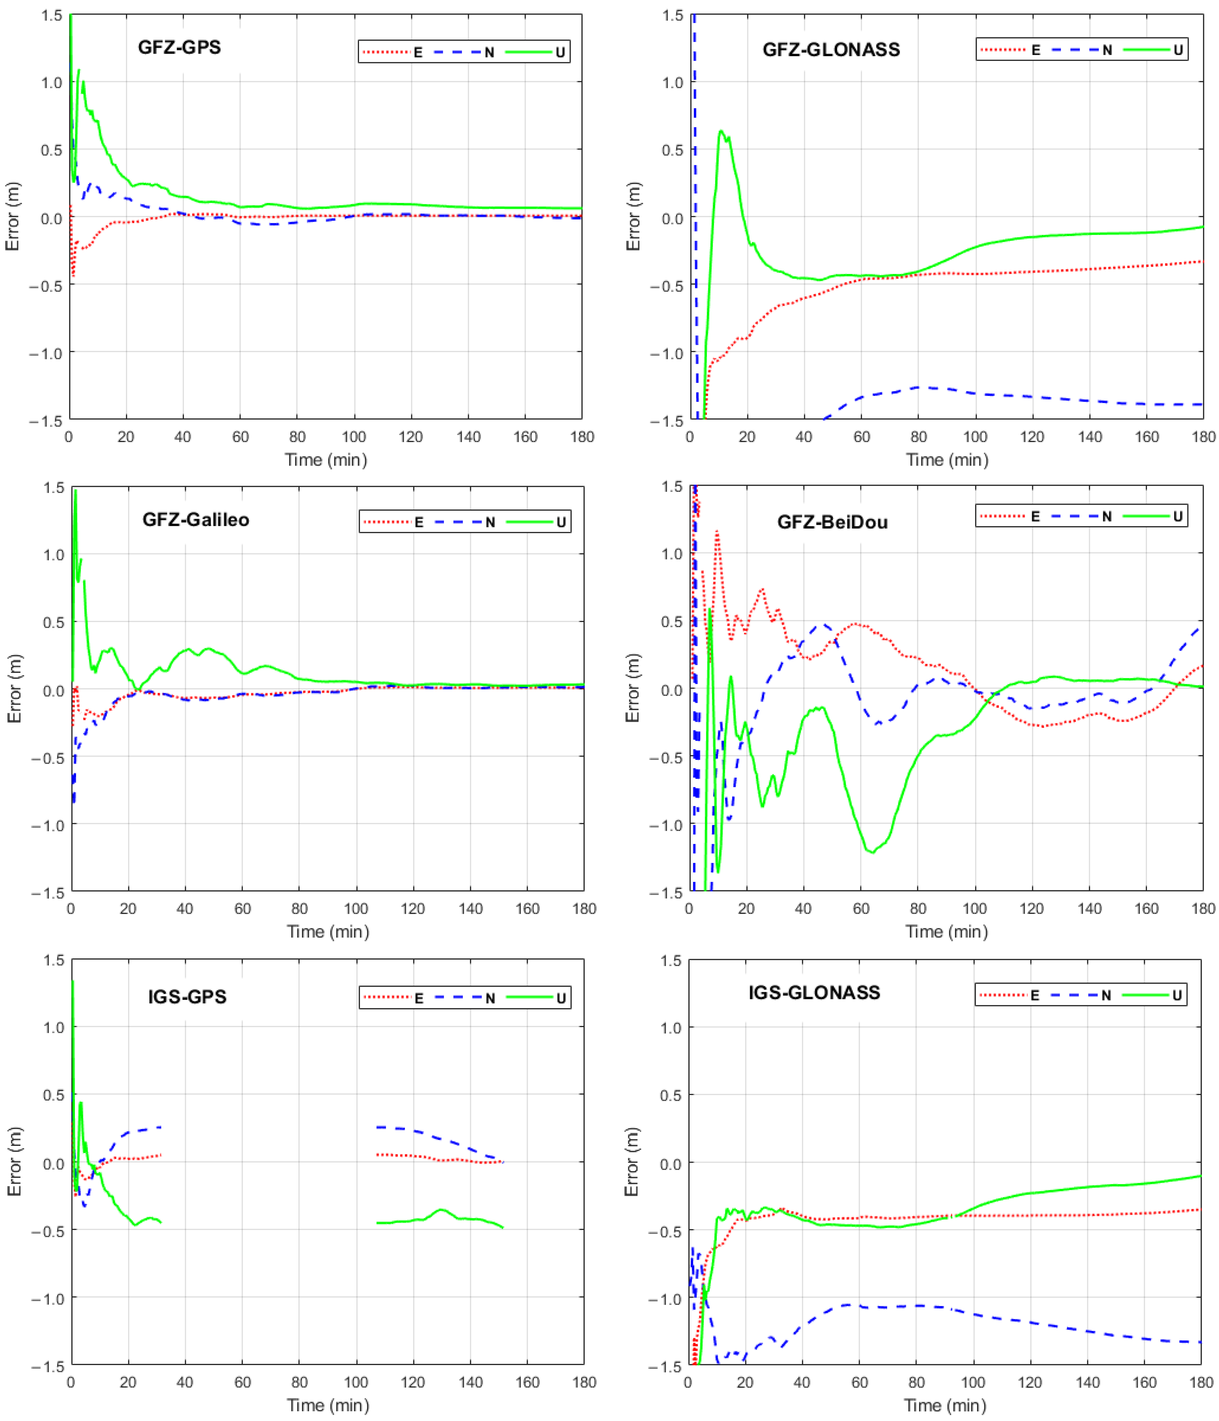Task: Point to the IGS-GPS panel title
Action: [x=187, y=996]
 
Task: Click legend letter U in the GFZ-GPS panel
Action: [x=560, y=52]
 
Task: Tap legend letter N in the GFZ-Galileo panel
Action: [x=490, y=523]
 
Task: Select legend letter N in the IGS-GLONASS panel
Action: [x=1106, y=995]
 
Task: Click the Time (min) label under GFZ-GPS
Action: [x=326, y=460]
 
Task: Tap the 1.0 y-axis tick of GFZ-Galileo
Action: [x=53, y=554]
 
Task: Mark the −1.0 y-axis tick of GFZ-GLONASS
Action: [x=667, y=353]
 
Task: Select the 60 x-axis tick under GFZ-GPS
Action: [x=240, y=437]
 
